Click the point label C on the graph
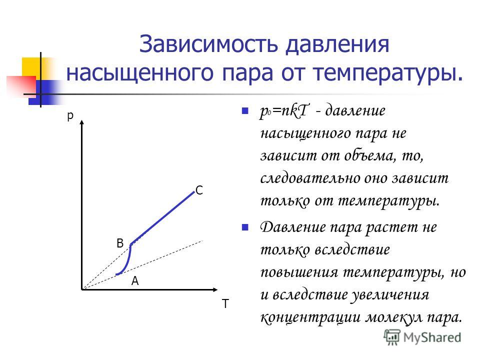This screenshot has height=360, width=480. [x=199, y=190]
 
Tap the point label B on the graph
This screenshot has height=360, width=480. [x=120, y=243]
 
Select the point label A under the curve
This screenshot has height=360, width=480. [x=135, y=280]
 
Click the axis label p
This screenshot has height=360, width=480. [x=70, y=116]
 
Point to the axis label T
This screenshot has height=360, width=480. [x=225, y=303]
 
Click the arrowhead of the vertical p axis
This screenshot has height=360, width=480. [x=81, y=123]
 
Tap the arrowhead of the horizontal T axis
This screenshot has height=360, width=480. [x=215, y=289]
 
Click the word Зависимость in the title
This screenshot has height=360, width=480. [x=208, y=44]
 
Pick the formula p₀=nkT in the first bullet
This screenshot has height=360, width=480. [x=284, y=111]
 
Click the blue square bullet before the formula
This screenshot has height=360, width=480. [x=245, y=110]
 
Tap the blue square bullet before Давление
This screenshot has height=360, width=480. [x=245, y=227]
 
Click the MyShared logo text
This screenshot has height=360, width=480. [x=432, y=337]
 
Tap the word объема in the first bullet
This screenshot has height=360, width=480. [x=368, y=155]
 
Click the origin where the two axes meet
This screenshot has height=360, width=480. [x=82, y=289]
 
